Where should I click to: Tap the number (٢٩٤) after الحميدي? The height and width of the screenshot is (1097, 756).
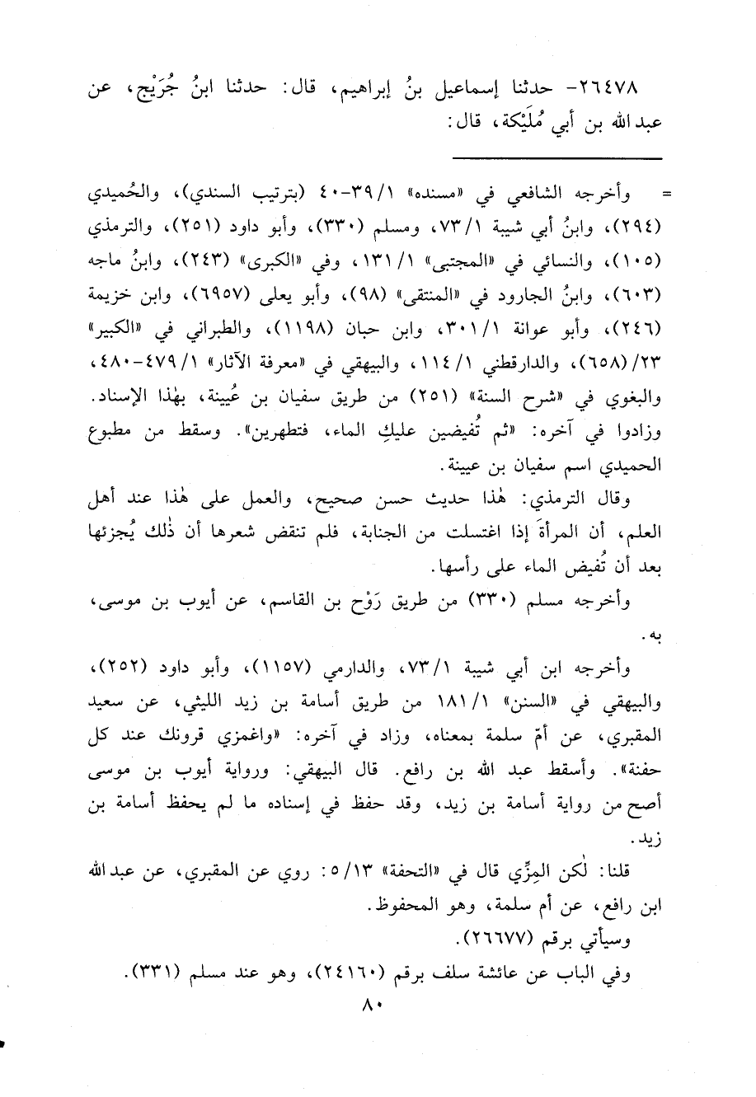pos(647,225)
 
